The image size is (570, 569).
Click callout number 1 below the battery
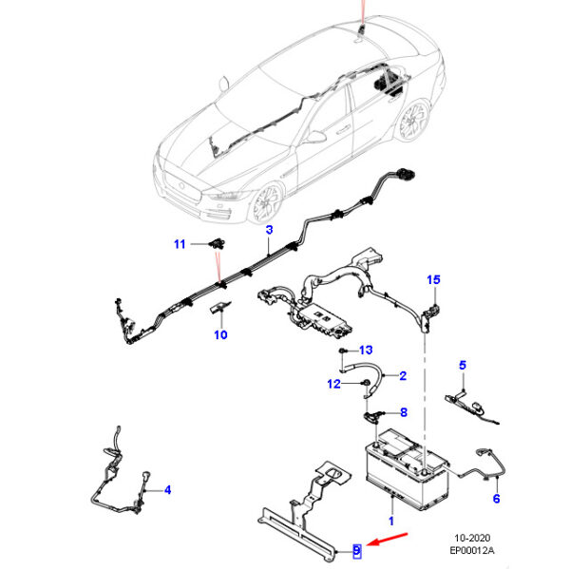point(389,522)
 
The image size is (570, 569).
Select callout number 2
point(402,376)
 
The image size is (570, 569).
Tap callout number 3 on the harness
point(269,231)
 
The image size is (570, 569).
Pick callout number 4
point(167,490)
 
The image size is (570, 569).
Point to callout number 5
point(463,365)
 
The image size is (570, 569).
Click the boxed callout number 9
point(357,549)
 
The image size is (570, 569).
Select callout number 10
point(220,334)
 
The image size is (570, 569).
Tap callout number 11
point(179,244)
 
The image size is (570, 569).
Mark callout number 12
point(332,384)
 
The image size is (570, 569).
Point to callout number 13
point(366,351)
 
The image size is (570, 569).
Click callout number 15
point(433,279)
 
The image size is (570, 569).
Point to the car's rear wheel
point(411,122)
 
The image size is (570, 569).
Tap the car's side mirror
point(314,137)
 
